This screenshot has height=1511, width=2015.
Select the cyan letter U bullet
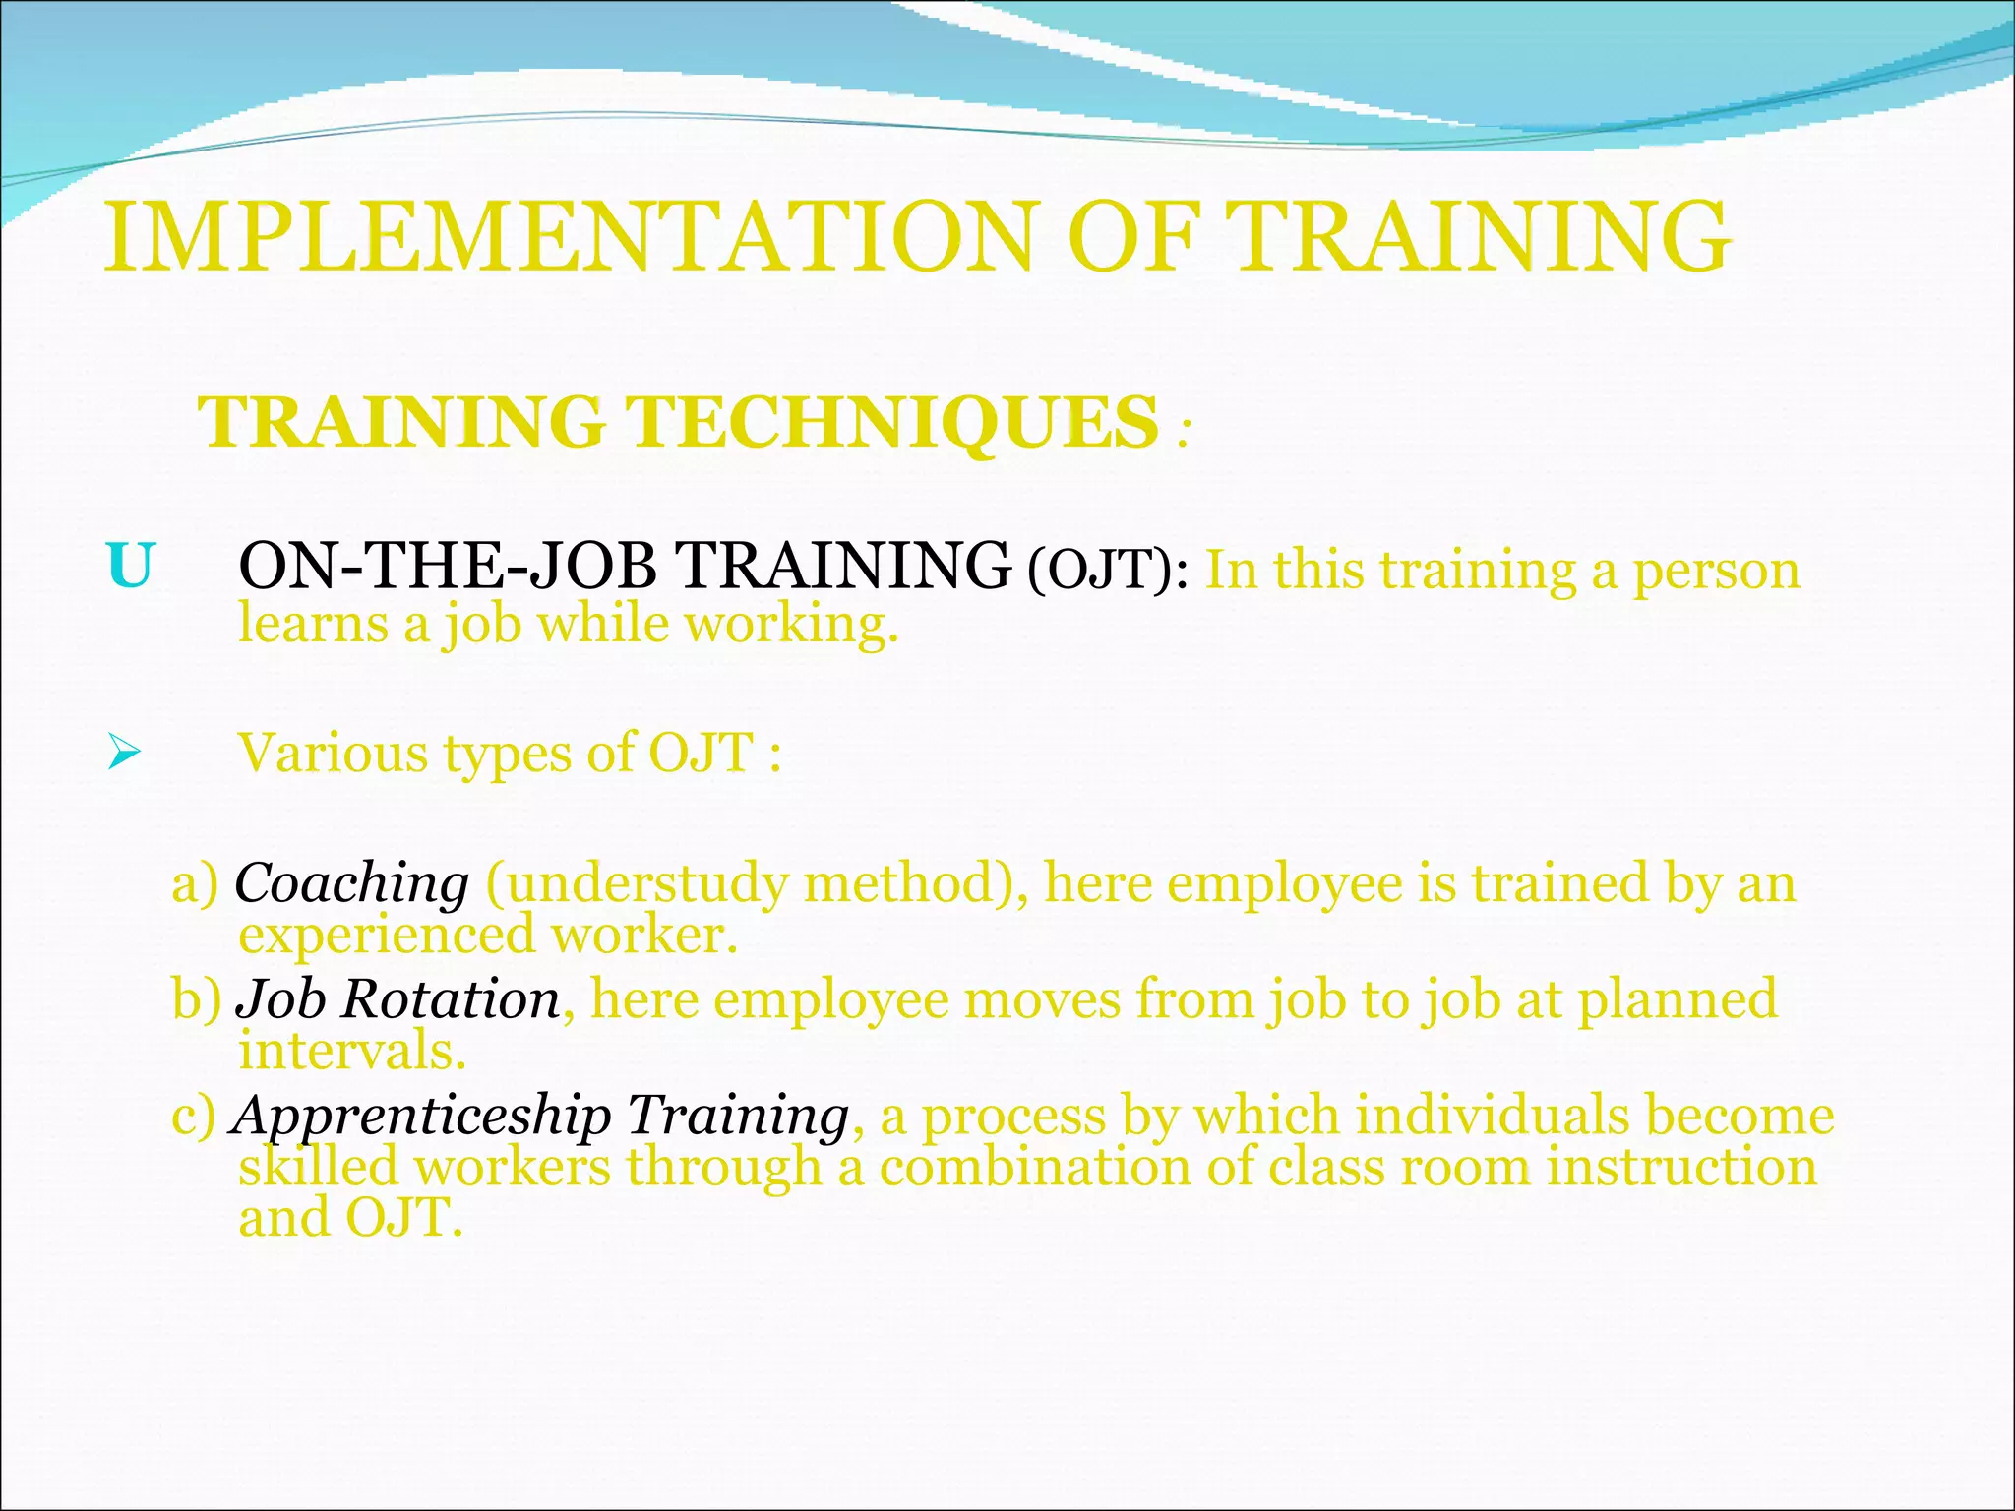[x=130, y=568]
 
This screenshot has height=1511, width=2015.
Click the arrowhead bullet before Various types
[x=125, y=755]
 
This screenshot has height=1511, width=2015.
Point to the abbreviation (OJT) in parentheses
[x=1100, y=571]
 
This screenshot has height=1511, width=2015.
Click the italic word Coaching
[x=351, y=882]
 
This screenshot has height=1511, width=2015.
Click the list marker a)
[x=195, y=882]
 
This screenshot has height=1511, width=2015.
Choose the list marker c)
[x=193, y=1117]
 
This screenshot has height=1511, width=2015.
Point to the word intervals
[x=351, y=1051]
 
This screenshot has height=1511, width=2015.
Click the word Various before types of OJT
[x=333, y=754]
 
